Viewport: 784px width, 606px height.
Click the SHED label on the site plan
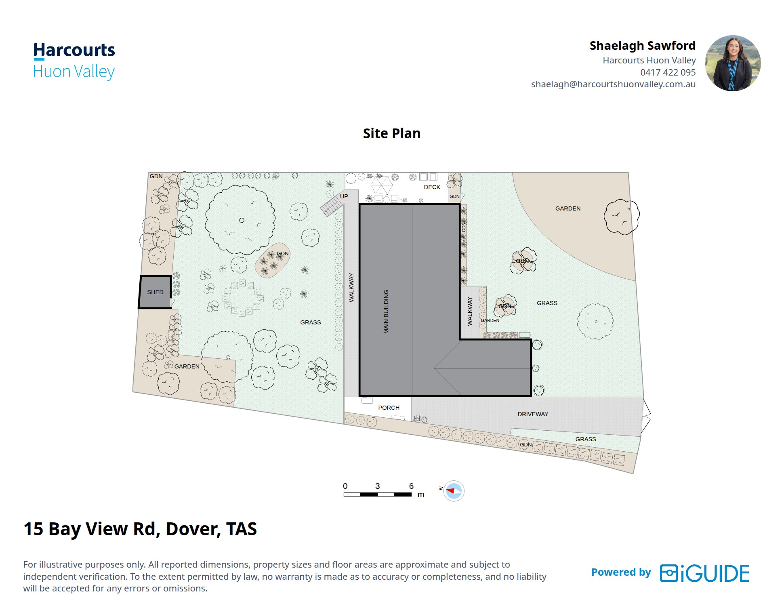click(155, 292)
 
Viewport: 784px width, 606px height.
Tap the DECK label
click(432, 187)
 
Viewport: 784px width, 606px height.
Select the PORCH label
click(389, 408)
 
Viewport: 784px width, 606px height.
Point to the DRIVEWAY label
click(533, 414)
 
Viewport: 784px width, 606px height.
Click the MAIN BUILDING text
click(386, 311)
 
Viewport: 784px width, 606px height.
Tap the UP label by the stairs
click(344, 196)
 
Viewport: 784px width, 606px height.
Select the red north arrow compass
click(454, 491)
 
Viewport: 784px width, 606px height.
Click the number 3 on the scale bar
click(377, 486)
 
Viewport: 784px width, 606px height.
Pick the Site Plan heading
click(391, 133)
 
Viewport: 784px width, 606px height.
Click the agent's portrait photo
click(733, 63)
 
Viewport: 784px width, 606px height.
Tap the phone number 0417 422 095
click(668, 72)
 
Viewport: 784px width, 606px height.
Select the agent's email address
click(613, 84)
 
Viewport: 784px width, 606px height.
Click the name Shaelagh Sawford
click(642, 46)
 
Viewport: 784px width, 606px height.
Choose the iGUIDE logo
click(704, 573)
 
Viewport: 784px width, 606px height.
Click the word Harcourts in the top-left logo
click(74, 50)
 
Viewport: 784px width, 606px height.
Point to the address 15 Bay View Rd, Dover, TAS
click(140, 529)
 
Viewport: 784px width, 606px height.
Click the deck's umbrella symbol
click(381, 185)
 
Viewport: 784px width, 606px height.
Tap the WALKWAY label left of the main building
click(351, 288)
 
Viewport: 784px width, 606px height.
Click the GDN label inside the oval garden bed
click(283, 254)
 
